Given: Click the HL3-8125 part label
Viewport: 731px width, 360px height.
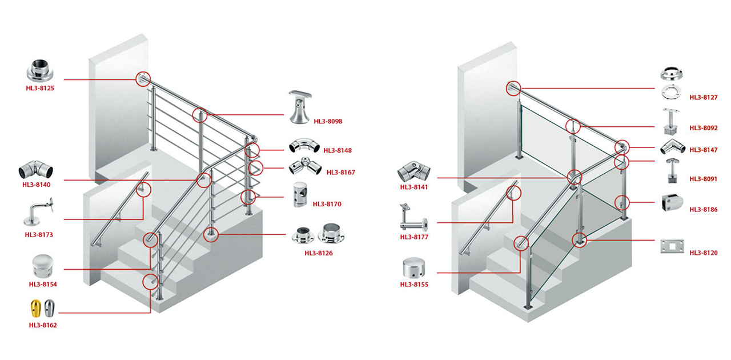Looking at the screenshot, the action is (x=40, y=88).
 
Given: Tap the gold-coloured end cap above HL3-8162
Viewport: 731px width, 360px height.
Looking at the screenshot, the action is (x=36, y=309).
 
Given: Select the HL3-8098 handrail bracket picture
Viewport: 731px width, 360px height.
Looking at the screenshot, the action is (x=300, y=107).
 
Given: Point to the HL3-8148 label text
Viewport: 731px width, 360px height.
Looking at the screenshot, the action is (x=338, y=151).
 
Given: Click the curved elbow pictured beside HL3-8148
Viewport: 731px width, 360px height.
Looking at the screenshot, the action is (x=304, y=145).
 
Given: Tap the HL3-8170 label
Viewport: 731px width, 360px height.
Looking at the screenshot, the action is (x=327, y=204).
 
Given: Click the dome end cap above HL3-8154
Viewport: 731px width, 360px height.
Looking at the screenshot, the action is (x=43, y=266).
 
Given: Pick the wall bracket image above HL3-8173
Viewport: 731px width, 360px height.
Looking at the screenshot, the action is (x=38, y=211).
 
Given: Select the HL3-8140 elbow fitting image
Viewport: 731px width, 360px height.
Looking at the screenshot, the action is (x=35, y=170).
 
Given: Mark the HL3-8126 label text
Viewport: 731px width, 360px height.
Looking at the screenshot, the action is (x=319, y=253).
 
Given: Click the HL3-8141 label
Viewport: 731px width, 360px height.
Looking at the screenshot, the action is (x=414, y=187).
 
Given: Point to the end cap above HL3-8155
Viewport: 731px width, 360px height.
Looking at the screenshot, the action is (x=413, y=267).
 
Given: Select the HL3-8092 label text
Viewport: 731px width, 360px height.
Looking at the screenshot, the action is (x=704, y=128).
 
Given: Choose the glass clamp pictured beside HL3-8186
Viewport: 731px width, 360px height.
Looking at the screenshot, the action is (x=672, y=202).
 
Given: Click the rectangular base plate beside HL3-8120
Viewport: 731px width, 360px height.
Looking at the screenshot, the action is (x=672, y=247).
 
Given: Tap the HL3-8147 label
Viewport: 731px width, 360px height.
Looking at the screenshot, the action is (x=704, y=150).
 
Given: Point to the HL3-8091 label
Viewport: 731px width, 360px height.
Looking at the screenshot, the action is (x=704, y=179).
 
